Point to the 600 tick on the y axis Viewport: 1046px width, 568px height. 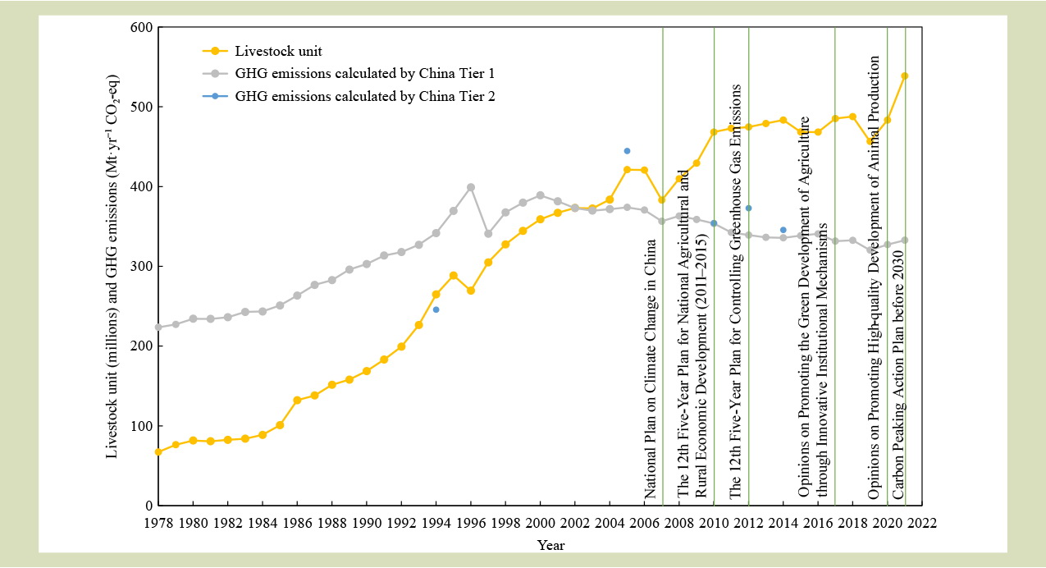coord(142,28)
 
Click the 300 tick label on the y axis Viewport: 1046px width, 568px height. coord(142,267)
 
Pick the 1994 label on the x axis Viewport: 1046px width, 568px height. coord(436,523)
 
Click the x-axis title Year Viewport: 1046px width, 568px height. coord(550,545)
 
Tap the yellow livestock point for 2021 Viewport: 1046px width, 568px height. coord(905,76)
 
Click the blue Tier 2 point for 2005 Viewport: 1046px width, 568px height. coord(627,151)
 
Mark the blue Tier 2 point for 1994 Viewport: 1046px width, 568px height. coord(436,309)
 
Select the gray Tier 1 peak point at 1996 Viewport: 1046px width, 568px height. coord(471,187)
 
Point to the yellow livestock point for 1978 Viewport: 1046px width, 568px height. coord(158,451)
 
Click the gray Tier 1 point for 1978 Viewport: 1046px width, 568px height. coord(158,327)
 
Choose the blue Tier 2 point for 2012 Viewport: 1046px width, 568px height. coord(748,208)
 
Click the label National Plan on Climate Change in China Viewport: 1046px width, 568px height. coord(650,369)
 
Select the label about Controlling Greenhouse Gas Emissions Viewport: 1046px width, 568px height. coord(736,291)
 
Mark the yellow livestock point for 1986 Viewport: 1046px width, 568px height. coord(297,401)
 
